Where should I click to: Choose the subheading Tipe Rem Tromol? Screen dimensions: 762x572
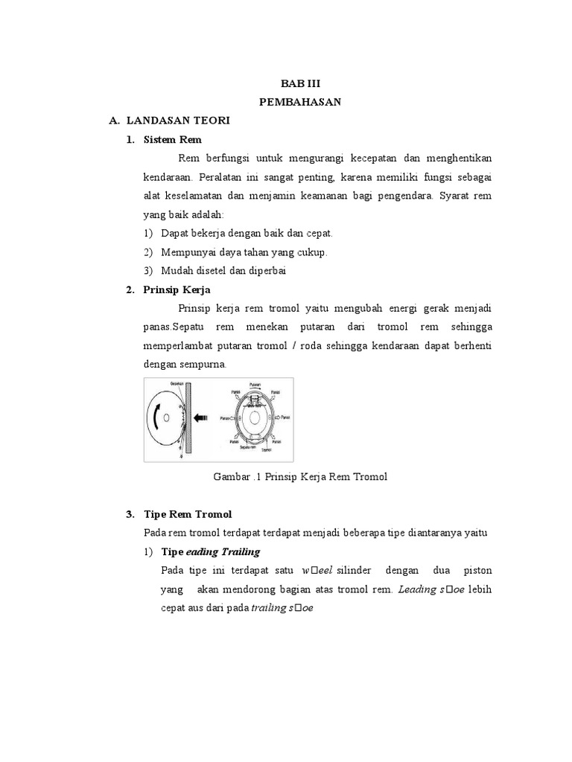point(188,514)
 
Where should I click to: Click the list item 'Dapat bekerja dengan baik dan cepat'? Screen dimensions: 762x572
point(247,234)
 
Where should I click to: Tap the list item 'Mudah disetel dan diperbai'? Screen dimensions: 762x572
point(223,271)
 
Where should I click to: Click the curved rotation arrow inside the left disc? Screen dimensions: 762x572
point(156,420)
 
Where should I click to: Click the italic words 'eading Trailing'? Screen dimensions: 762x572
point(223,551)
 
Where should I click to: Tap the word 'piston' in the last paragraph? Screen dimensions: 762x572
point(477,571)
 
